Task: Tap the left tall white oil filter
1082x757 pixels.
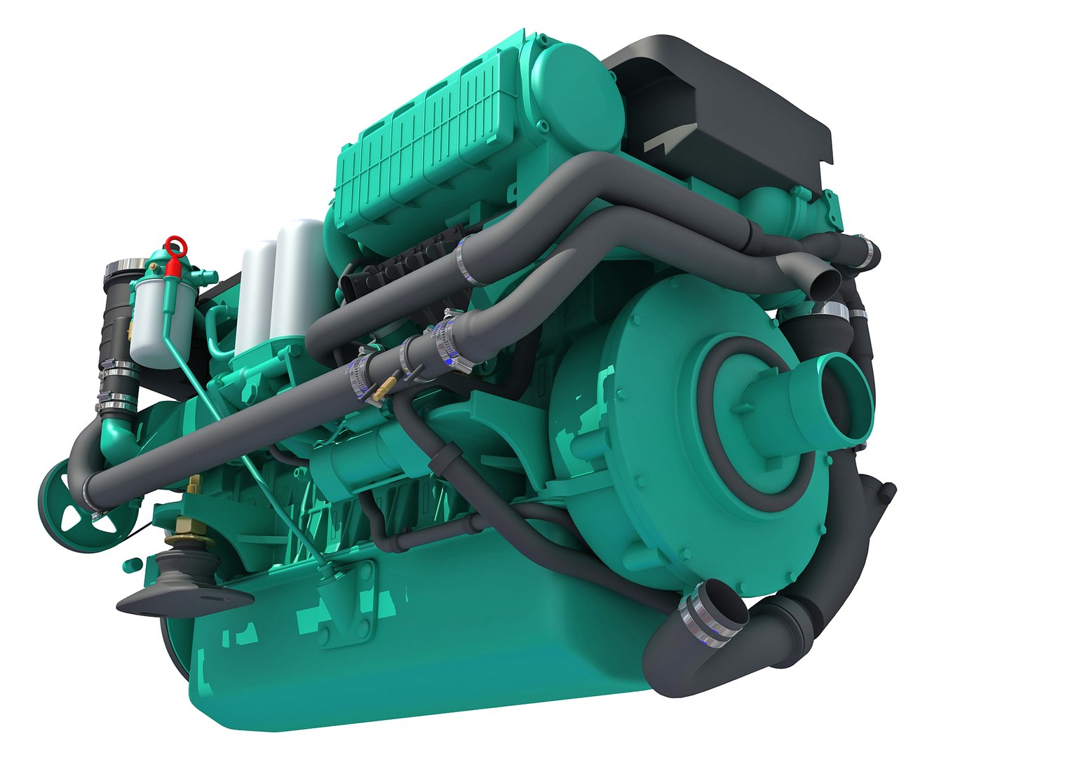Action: click(x=256, y=294)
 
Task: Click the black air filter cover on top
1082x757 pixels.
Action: click(x=722, y=112)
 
